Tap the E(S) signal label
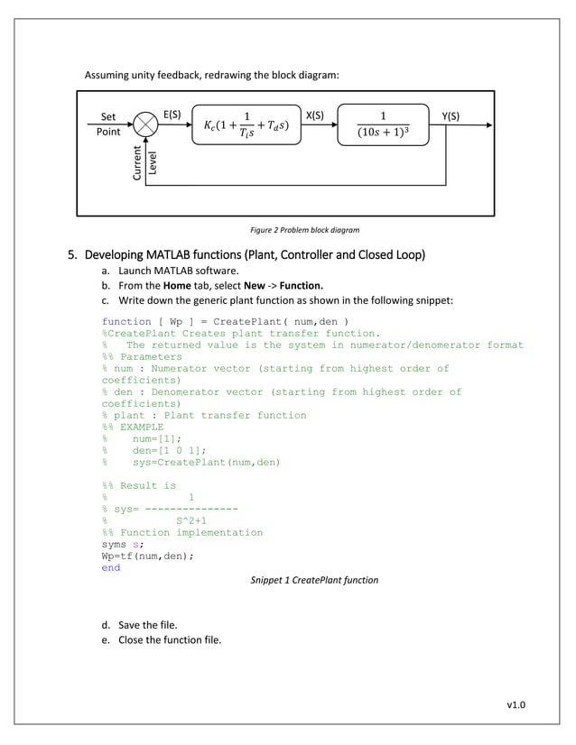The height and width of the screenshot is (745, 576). [172, 115]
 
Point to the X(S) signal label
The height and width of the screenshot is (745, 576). [316, 115]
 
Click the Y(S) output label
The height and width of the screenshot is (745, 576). [451, 115]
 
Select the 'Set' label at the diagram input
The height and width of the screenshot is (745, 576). [108, 117]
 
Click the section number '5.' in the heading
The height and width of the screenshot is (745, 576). [76, 252]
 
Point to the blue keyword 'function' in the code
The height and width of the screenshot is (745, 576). [126, 321]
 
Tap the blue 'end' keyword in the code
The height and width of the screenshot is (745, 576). [111, 568]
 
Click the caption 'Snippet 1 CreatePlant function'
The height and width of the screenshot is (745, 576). [314, 580]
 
